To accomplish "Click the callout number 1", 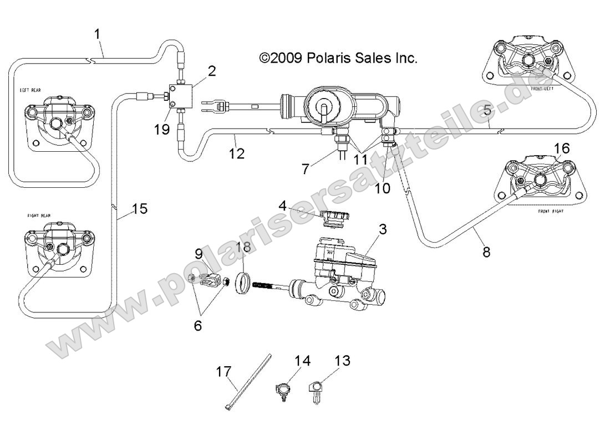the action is click(x=98, y=34).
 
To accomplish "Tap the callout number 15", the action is click(x=140, y=209).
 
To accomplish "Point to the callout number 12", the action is click(x=237, y=153).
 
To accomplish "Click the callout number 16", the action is click(x=561, y=148).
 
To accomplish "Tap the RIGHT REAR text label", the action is click(x=39, y=214).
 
